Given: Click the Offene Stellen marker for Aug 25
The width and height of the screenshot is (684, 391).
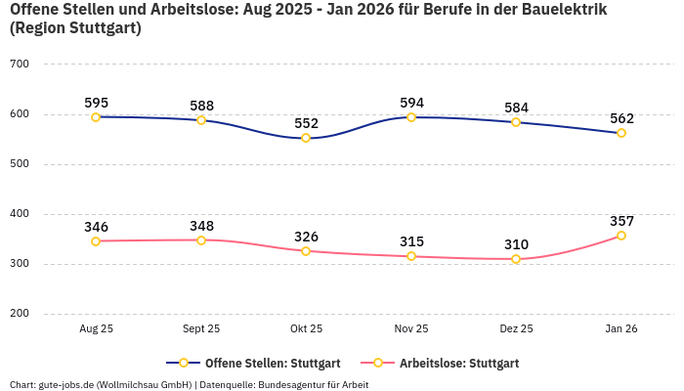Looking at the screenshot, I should pos(96,117).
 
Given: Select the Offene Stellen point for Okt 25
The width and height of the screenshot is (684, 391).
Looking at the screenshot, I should pos(306,138).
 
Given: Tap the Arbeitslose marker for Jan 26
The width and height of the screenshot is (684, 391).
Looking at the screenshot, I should pos(621,236).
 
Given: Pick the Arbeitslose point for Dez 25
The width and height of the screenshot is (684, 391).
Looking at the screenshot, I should pos(516,259).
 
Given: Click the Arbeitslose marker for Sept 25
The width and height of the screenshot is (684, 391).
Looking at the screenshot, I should pos(201,239).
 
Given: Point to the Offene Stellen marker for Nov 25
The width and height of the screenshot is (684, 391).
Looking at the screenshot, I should pos(411,117).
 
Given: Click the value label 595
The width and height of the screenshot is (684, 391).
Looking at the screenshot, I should pos(96,103).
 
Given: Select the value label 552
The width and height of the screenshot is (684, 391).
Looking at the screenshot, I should pos(306,123).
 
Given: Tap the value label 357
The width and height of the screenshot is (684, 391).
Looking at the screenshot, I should pos(621,221).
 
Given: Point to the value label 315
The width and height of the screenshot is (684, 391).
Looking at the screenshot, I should pos(411,241).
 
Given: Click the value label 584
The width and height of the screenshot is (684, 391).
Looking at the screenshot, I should pos(516,108).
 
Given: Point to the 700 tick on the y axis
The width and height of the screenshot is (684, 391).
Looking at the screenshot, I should pos(19,65).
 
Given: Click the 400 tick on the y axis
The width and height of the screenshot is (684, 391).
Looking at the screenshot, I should pos(19,214).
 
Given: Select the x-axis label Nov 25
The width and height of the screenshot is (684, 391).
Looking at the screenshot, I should pos(411,329).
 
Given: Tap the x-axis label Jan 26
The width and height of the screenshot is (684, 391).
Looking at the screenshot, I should pos(621,329).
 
